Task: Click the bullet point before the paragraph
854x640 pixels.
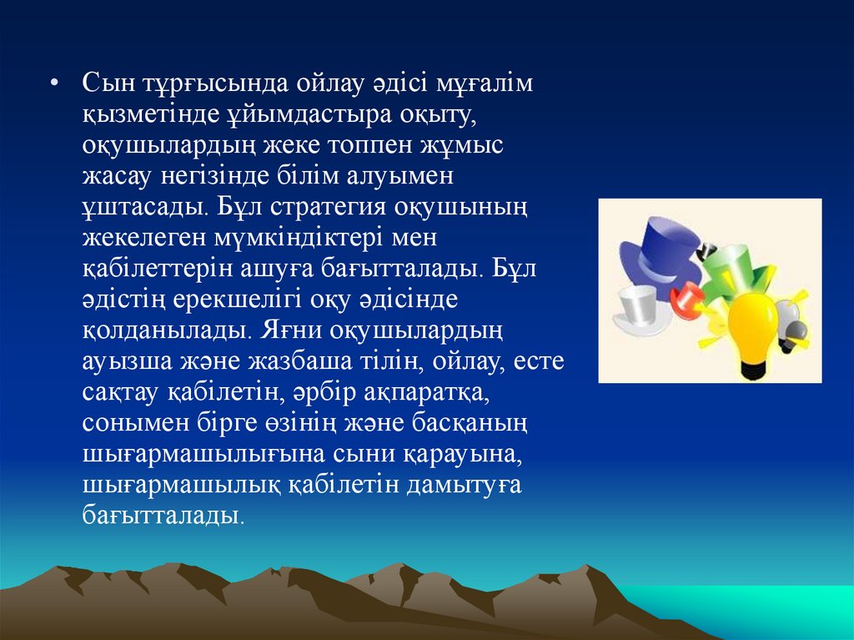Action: [53, 83]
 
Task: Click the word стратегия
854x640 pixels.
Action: [328, 208]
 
